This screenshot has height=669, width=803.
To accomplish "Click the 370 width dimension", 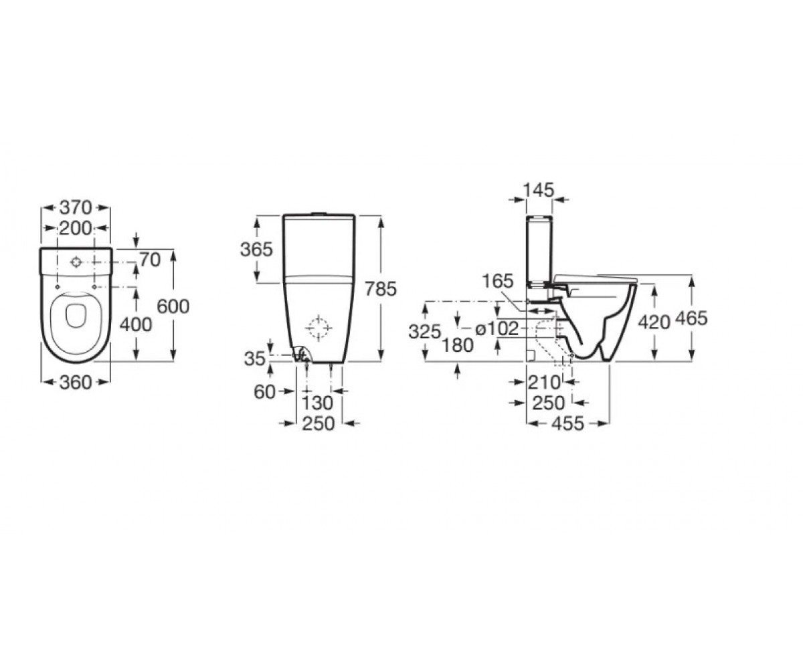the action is pos(76,207).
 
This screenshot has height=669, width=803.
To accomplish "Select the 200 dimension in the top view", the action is pos(76,228).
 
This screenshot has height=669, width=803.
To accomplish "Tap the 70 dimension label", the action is pos(150,260).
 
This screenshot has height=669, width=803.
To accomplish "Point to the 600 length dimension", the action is pos(173,306).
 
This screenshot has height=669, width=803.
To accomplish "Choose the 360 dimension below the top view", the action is pos(76,382).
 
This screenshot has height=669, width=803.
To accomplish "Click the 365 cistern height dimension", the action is pos(256,249).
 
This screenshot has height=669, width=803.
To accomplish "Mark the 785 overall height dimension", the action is pos(380,289).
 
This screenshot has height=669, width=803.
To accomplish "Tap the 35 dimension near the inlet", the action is pos(254,359).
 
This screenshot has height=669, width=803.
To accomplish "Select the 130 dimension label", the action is pos(317,403).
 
